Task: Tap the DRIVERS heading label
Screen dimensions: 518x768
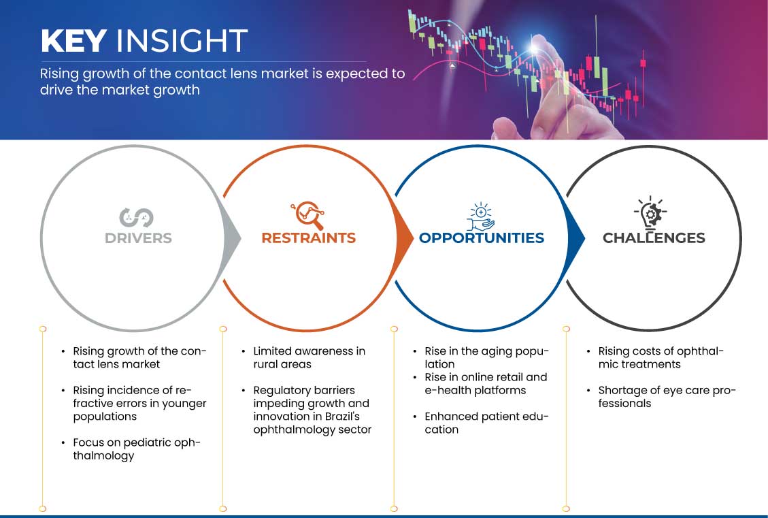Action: tap(138, 238)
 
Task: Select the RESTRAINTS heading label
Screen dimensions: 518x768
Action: tap(308, 238)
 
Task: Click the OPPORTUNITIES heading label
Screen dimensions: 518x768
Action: tap(482, 238)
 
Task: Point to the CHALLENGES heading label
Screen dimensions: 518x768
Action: tap(654, 238)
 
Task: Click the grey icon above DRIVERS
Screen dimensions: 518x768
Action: tap(137, 217)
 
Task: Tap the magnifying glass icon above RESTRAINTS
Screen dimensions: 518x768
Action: tap(307, 215)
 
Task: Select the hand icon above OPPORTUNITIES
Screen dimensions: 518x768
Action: tap(480, 216)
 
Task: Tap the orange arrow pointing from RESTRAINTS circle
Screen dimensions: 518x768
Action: tap(405, 238)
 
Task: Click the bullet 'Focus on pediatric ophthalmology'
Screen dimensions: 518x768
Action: tap(137, 449)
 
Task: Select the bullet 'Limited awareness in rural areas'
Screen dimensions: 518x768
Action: tap(309, 357)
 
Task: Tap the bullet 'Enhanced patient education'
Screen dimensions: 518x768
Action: tap(486, 423)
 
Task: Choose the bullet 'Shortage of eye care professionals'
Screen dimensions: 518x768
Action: tap(667, 397)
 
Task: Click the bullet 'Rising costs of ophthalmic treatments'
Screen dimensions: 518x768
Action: tap(661, 357)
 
